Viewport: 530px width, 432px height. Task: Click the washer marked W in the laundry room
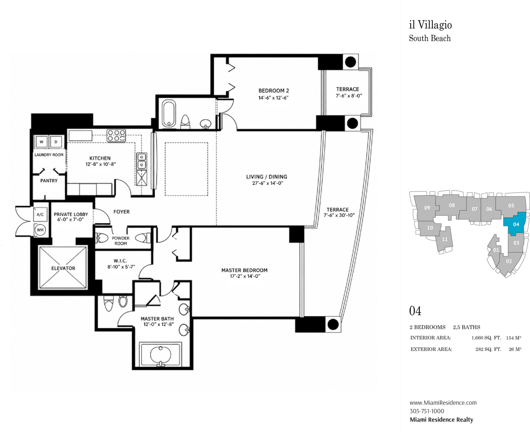click(41, 142)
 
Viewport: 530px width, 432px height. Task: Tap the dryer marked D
click(56, 142)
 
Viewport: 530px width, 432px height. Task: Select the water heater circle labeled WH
click(40, 230)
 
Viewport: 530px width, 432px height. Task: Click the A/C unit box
click(40, 214)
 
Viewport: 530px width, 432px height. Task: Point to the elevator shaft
click(63, 268)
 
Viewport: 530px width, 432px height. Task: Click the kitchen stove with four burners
click(116, 136)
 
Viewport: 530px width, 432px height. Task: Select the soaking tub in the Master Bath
click(160, 354)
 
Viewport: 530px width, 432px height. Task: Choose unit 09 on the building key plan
click(427, 208)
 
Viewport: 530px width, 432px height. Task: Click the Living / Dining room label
click(267, 177)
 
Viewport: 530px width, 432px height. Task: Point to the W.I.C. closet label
click(120, 261)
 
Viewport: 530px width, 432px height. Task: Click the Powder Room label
click(121, 241)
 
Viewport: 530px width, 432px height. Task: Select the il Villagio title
click(431, 25)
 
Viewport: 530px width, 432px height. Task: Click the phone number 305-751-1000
click(427, 411)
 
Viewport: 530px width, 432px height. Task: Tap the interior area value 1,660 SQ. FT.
click(486, 338)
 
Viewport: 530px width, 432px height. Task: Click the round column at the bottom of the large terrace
click(333, 324)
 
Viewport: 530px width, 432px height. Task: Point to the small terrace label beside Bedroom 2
click(348, 89)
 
